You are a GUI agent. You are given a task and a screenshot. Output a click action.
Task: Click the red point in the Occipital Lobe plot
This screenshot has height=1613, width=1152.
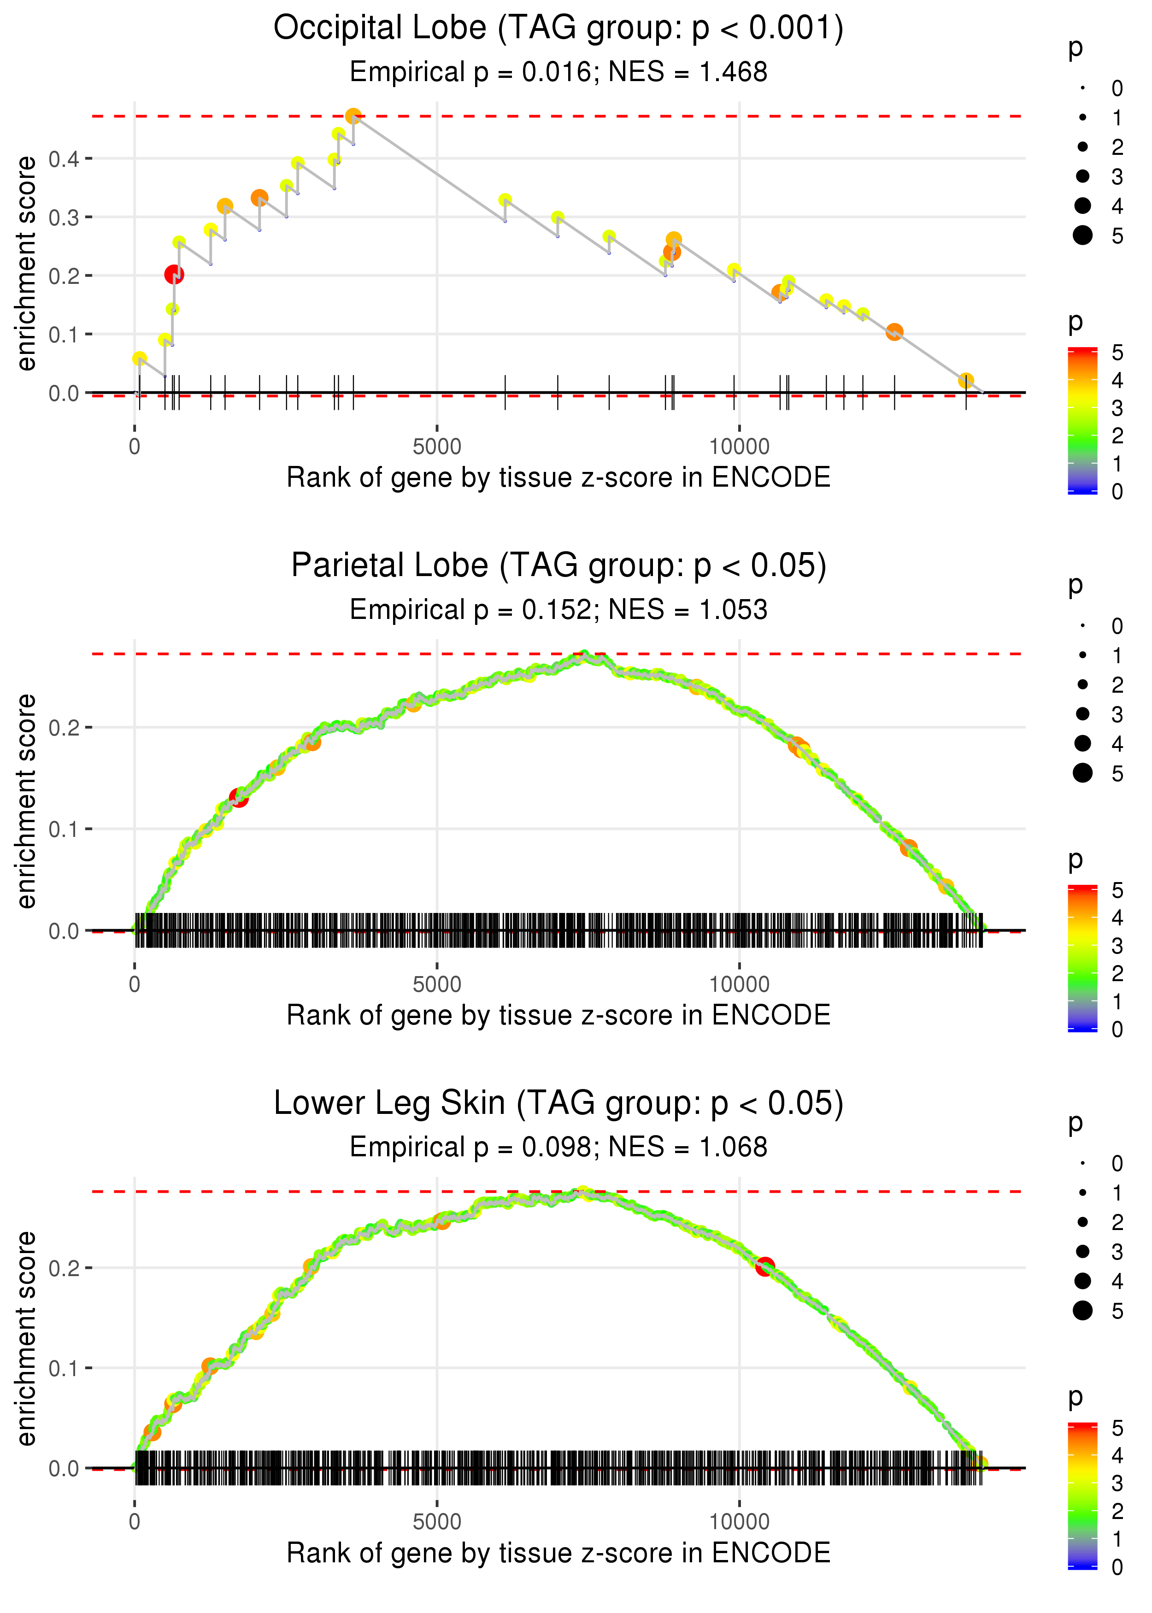174,275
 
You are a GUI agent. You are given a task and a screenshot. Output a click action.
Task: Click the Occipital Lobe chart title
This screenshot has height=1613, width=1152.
558,29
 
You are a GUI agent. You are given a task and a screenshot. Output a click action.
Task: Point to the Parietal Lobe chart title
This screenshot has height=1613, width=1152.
558,566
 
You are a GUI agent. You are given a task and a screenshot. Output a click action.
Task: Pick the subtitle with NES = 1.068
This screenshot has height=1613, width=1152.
558,1148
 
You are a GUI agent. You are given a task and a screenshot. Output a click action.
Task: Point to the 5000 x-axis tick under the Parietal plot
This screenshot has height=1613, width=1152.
437,984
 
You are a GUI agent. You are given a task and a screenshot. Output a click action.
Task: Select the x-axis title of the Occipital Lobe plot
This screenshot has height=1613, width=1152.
558,477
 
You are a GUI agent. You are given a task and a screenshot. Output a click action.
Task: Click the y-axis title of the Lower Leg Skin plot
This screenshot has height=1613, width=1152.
26,1338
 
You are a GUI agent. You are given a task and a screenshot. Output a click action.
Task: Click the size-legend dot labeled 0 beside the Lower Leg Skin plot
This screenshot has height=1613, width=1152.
1082,1163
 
